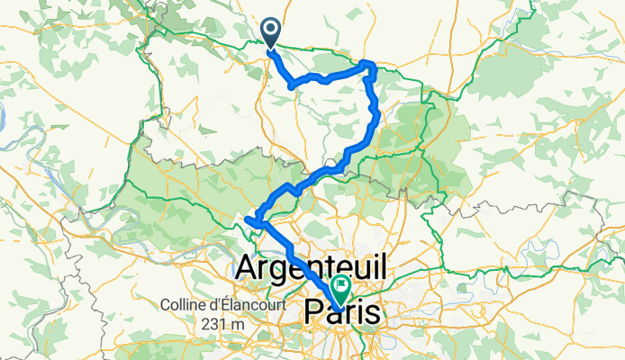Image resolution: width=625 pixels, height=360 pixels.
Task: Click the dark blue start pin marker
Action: click(x=271, y=32)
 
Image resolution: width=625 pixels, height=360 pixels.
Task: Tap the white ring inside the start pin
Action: click(x=271, y=30)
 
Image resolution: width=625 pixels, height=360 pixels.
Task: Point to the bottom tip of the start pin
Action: click(x=271, y=47)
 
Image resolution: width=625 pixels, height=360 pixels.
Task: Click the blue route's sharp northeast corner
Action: click(x=367, y=63)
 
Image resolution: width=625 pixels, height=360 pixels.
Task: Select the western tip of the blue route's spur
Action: click(x=246, y=217)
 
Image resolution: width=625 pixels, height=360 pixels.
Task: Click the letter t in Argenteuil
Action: click(x=344, y=268)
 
